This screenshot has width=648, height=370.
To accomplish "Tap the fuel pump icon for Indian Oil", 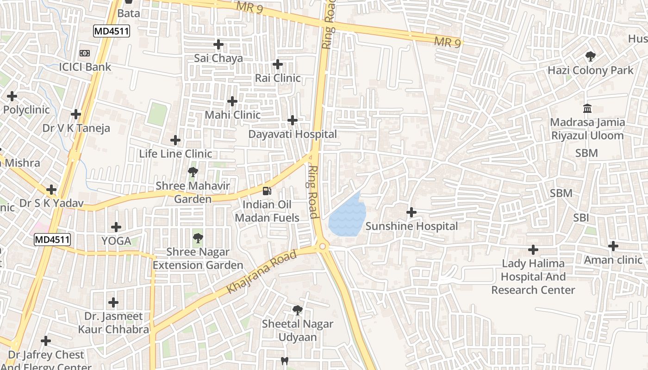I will (x=267, y=191).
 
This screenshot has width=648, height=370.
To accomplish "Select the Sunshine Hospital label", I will (x=411, y=226).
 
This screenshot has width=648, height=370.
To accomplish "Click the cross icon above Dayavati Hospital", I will (x=293, y=120).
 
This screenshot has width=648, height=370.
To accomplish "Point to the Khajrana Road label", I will (x=261, y=272).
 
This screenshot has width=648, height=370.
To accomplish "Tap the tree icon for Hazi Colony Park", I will (x=590, y=57).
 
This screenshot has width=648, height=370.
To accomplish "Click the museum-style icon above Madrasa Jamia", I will (x=587, y=109).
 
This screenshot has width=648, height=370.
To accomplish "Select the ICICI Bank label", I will (x=85, y=67).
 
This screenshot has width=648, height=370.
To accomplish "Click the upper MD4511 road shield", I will (x=112, y=31).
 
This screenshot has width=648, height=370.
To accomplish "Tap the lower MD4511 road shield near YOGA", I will (x=52, y=240).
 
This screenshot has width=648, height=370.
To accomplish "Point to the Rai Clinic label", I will (x=278, y=78).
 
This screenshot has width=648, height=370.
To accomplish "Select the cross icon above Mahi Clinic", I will (x=232, y=101).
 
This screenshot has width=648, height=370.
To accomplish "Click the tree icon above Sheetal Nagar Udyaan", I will (x=298, y=310).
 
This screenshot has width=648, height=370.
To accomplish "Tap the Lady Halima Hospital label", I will (x=533, y=277).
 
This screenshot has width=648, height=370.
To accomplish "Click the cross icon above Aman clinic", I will (x=613, y=246).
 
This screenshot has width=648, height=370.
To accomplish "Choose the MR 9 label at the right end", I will (x=447, y=42).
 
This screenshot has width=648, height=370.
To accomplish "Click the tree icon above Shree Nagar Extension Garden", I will (x=198, y=239).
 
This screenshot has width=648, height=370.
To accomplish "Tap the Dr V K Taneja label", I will (x=76, y=128).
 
